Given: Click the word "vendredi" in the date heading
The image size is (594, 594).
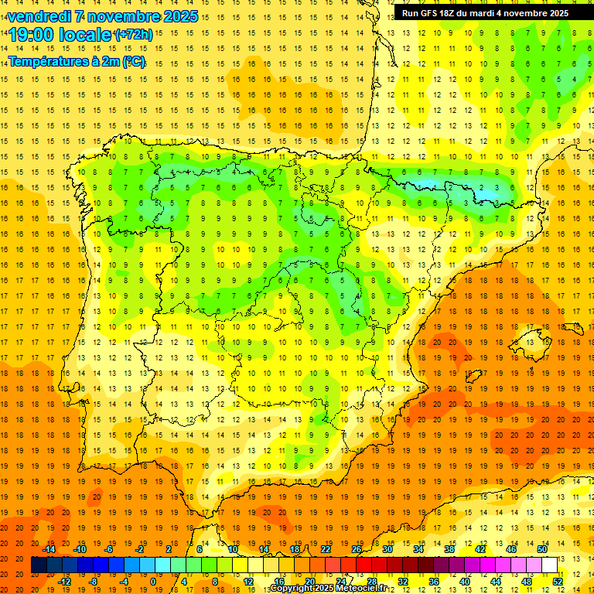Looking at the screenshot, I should point(38,16).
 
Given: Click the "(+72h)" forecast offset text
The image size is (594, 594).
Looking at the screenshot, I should point(133,35).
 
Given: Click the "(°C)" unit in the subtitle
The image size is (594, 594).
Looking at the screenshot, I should point(132,61).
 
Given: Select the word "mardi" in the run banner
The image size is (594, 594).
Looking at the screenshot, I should point(492,13).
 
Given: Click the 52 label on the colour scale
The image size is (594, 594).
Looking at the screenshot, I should point(558,581).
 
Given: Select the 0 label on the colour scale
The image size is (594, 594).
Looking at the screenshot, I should point(152,581).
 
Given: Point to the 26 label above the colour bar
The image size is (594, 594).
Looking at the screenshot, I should point(357,549).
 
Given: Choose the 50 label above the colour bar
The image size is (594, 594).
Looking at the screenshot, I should point(542,549).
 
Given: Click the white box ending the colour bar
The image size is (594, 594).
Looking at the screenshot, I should point(550,565).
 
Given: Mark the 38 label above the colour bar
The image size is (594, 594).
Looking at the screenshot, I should point(449,549).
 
